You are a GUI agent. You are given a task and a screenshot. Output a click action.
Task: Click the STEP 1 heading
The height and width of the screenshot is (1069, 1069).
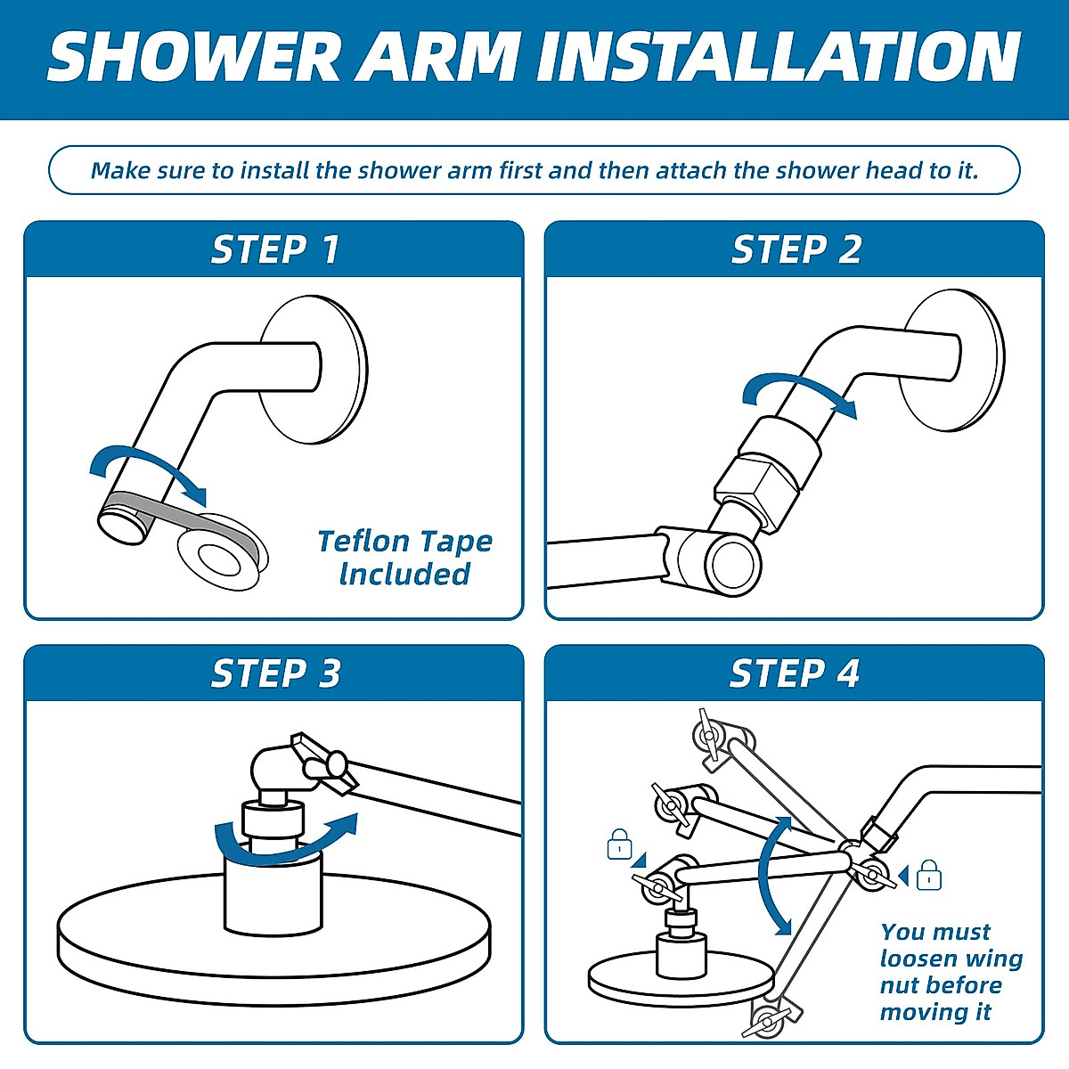click(275, 250)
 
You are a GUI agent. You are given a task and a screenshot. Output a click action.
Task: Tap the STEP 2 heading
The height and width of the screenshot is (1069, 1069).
click(796, 250)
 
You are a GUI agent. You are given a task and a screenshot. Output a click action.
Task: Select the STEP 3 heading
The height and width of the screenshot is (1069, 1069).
click(275, 674)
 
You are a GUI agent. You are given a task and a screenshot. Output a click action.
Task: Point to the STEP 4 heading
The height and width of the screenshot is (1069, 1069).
click(795, 674)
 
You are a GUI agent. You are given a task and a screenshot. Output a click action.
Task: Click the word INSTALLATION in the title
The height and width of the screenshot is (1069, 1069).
click(778, 57)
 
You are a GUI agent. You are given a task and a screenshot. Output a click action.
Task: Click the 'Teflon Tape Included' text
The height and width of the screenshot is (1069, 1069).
click(404, 558)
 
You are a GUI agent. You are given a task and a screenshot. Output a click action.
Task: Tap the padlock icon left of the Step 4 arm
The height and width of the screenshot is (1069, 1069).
click(619, 845)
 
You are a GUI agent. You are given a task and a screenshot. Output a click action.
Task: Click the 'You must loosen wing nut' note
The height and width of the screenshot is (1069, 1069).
click(951, 972)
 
